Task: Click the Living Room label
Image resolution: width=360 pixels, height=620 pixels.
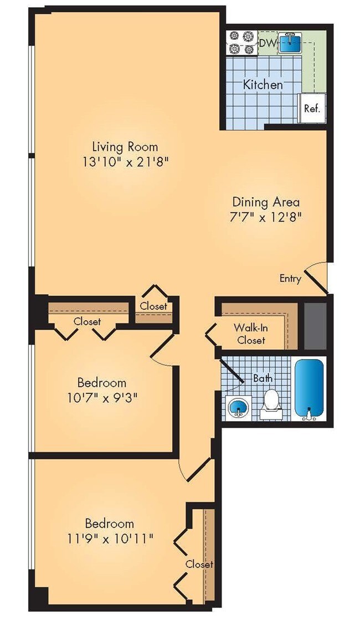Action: click(x=125, y=147)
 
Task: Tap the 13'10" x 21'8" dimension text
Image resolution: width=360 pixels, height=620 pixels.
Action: click(x=125, y=162)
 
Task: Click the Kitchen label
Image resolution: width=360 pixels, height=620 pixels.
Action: click(x=263, y=85)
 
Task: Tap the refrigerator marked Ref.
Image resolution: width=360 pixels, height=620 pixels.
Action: click(x=312, y=109)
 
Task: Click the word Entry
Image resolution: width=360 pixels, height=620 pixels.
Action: click(x=290, y=279)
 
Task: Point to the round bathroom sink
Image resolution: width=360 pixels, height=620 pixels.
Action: click(x=238, y=407)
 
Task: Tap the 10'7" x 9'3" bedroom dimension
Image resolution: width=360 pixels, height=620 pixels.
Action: click(x=101, y=397)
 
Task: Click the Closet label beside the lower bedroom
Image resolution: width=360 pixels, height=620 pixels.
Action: click(x=199, y=564)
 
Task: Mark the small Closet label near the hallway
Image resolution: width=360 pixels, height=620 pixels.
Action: click(x=153, y=306)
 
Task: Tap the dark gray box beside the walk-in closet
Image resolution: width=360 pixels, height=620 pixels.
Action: click(x=316, y=326)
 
